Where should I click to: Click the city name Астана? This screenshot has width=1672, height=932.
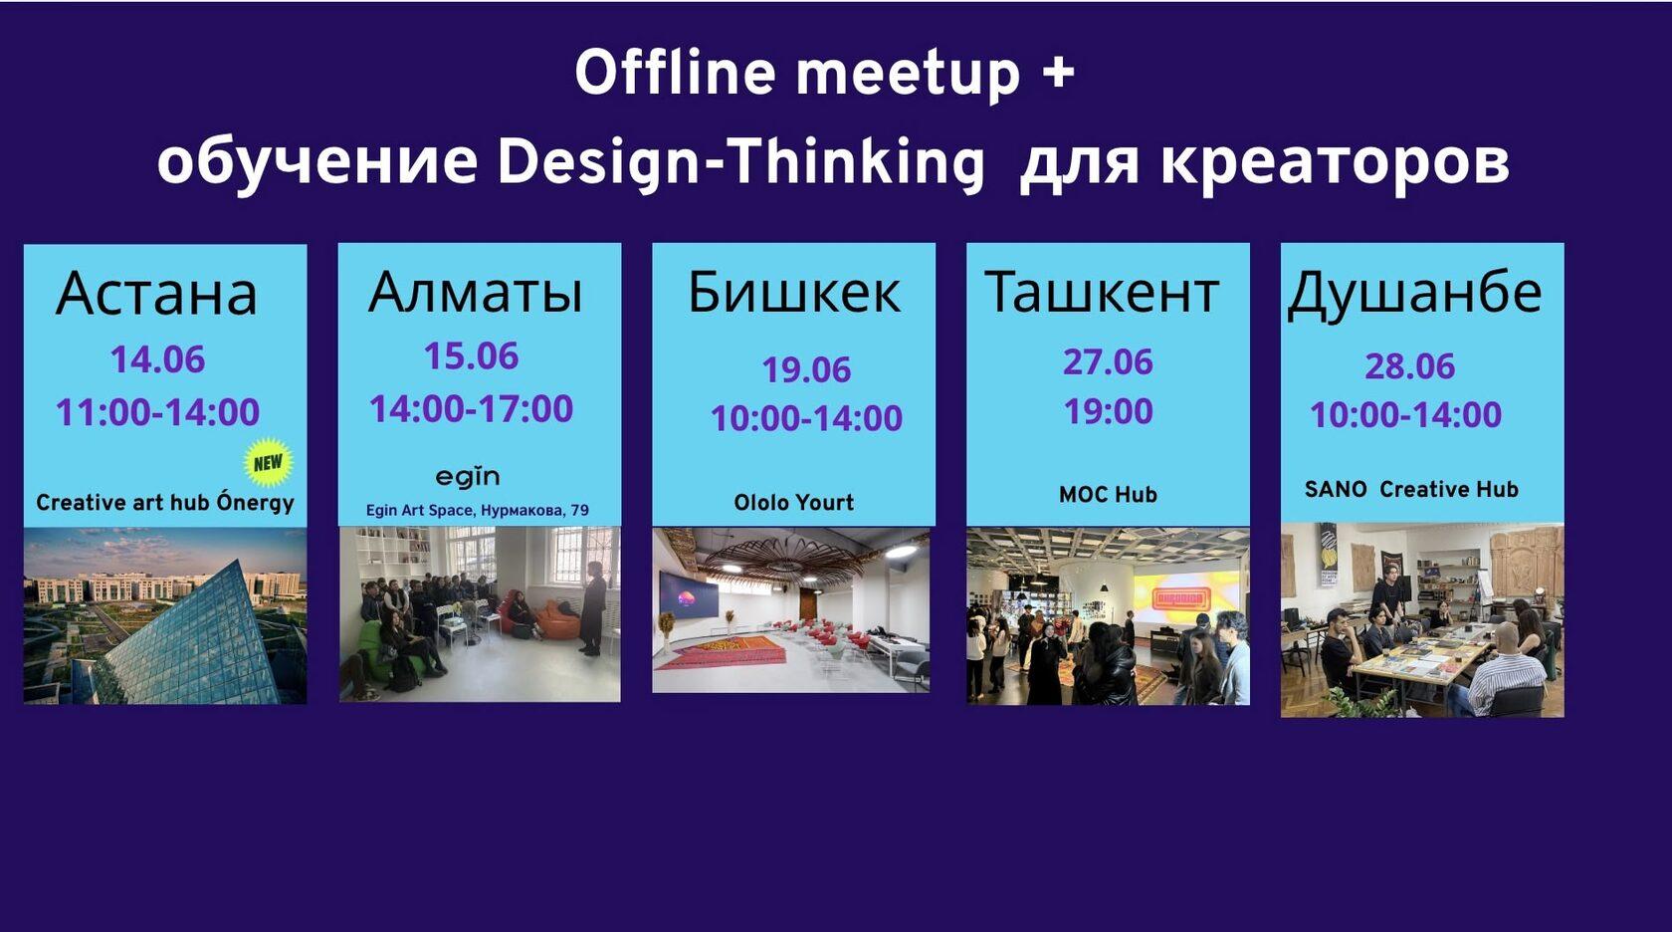(157, 293)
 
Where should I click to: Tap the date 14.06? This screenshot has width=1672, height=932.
(157, 359)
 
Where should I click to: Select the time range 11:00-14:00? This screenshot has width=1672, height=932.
(157, 412)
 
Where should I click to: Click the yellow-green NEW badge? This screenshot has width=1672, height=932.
(269, 462)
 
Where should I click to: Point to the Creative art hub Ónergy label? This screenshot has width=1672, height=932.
(165, 502)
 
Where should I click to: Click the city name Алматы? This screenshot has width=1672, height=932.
(476, 291)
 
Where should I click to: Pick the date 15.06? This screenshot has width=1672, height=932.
(471, 355)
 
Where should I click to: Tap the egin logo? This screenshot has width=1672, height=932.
(468, 477)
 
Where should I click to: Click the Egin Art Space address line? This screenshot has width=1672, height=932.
(478, 510)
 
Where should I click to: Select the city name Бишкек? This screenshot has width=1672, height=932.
(794, 291)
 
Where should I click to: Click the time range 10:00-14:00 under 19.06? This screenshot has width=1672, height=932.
(807, 418)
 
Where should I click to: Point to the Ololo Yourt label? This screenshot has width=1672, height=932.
(794, 502)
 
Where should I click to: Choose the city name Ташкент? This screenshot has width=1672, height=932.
(1103, 291)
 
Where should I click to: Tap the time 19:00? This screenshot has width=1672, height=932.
(1109, 411)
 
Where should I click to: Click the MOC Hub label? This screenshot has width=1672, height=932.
(1109, 494)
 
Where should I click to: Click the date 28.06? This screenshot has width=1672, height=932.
(1410, 366)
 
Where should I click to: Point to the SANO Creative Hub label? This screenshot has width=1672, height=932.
(1411, 489)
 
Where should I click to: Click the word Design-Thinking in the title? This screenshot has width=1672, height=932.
(740, 163)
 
